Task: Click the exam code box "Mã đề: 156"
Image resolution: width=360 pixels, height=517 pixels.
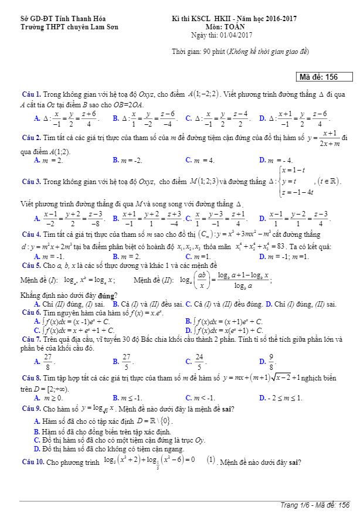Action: coord(325,77)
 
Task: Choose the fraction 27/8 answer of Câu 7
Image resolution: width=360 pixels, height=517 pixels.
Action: coord(47,362)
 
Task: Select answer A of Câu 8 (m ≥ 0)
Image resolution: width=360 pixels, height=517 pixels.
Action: coord(49,398)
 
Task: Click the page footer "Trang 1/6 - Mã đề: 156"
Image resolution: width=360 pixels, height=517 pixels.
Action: coord(314,506)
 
